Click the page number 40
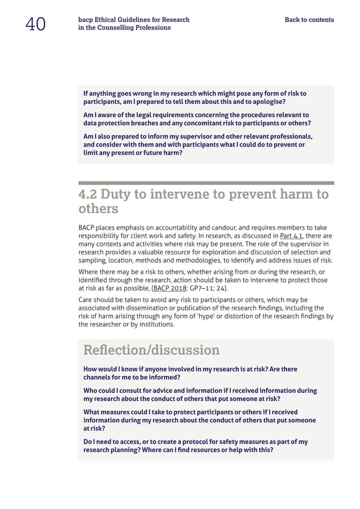tap(35, 24)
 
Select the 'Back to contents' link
tap(309, 20)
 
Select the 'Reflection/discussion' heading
tap(151, 350)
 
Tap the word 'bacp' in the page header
tap(85, 20)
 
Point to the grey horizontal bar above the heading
tap(206, 183)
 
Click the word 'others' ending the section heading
tap(98, 209)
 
